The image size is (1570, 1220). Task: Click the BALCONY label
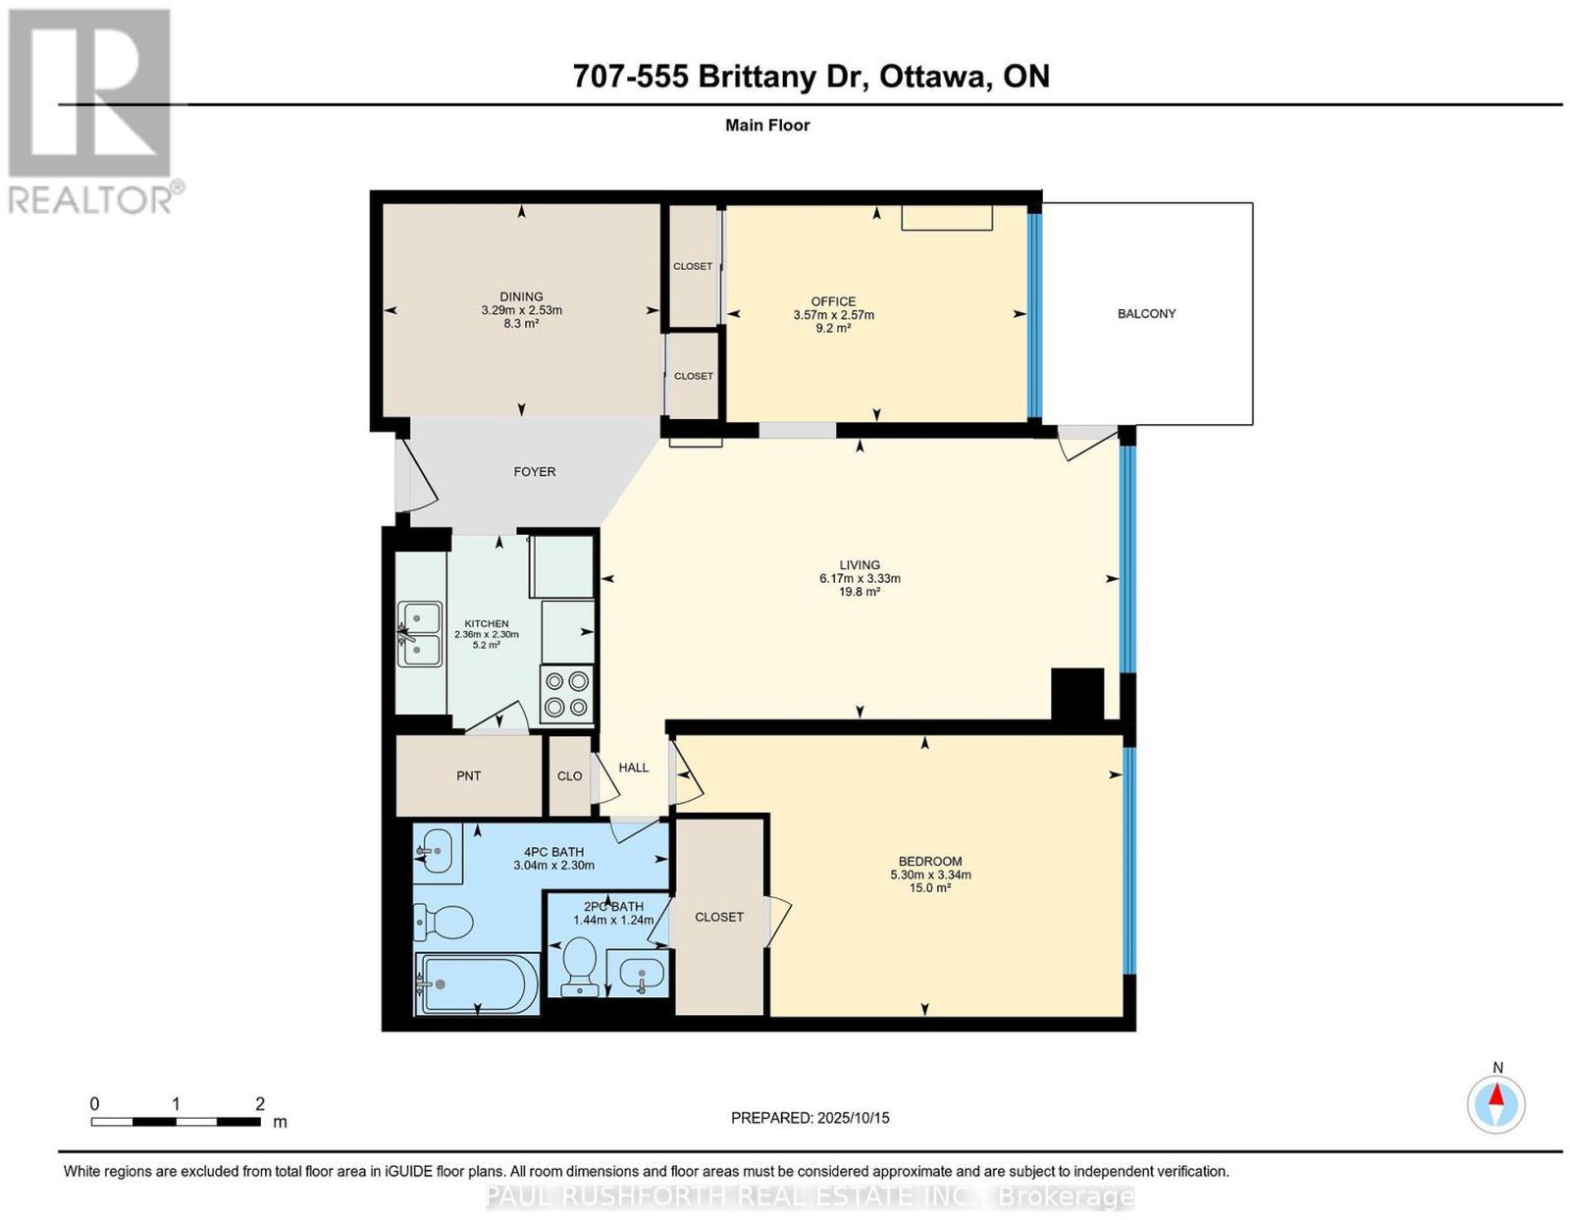(x=1146, y=313)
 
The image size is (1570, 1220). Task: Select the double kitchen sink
(x=420, y=634)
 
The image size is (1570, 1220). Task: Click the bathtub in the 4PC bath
(x=477, y=983)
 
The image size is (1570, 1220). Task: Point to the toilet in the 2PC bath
(x=578, y=962)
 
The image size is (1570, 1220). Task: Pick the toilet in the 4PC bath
(x=443, y=923)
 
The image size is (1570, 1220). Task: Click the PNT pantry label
(x=469, y=775)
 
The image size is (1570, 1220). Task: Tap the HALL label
(x=634, y=768)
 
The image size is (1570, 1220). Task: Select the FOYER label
(x=535, y=472)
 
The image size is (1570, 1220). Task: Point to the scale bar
(x=176, y=1122)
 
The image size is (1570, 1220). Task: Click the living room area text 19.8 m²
(x=859, y=592)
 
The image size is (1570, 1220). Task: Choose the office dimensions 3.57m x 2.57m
(x=834, y=315)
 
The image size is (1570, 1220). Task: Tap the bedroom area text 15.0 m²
(x=930, y=887)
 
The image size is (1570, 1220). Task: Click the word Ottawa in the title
(x=932, y=77)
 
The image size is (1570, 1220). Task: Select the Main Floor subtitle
(x=767, y=125)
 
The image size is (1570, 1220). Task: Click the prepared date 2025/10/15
(x=854, y=1118)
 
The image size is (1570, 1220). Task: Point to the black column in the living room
(x=1077, y=694)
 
